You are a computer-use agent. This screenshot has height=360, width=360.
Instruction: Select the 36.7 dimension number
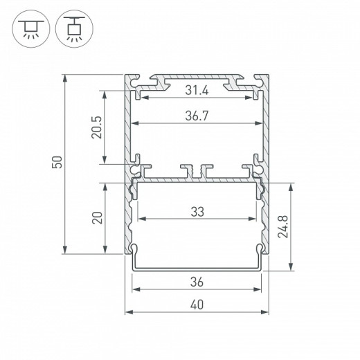[x=197, y=116]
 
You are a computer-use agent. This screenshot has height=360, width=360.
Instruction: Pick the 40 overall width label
[x=197, y=305]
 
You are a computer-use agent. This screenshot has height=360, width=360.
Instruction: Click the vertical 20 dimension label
[x=98, y=217]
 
